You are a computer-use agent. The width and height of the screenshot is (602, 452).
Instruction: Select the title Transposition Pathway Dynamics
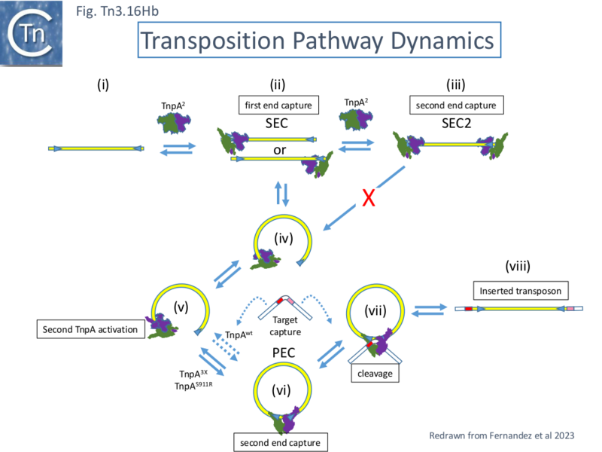318,41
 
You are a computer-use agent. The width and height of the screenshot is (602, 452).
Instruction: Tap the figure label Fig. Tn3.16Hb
117,12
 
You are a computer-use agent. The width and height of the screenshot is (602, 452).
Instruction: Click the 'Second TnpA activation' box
90,329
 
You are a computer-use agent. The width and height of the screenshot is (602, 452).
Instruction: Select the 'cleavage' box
375,371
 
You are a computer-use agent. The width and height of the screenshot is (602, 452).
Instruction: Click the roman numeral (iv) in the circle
282,240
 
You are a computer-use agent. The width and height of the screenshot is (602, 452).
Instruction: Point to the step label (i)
102,84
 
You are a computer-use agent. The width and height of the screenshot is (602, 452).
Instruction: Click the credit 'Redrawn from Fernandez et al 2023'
503,435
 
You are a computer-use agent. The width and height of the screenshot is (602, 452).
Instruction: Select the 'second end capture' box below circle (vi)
281,441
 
